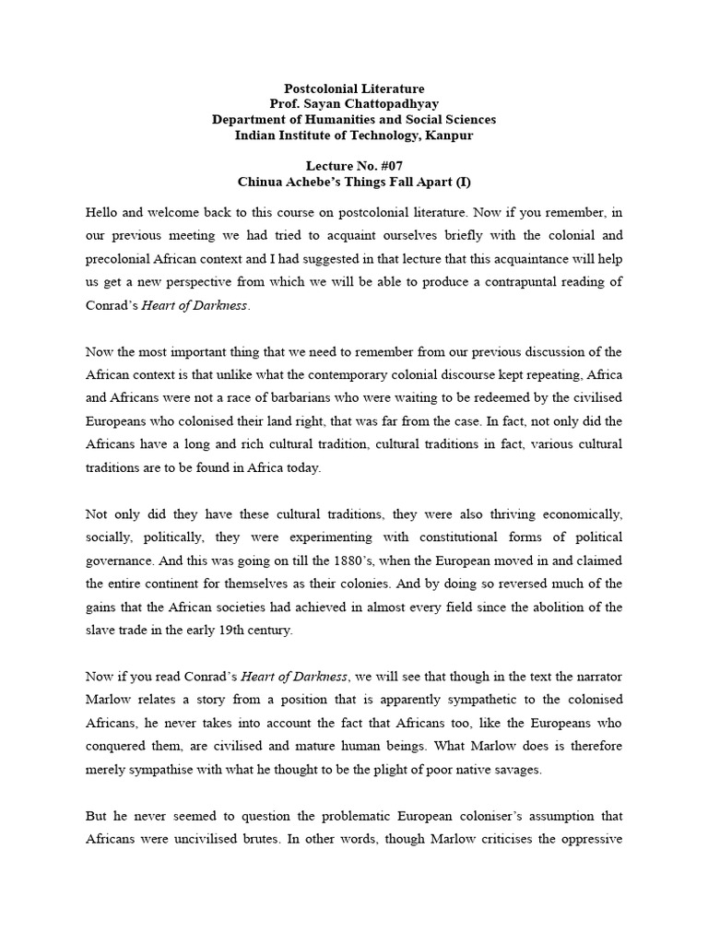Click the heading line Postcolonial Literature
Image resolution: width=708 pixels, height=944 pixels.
tap(353, 88)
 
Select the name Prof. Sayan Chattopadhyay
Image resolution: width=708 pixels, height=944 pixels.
tap(353, 103)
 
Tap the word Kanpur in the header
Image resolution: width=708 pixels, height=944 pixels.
tap(449, 136)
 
